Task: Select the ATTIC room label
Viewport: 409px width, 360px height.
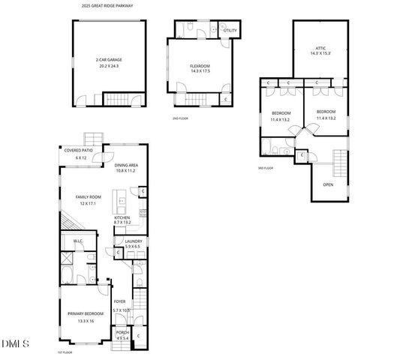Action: (320, 47)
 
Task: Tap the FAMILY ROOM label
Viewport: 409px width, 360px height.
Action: (88, 196)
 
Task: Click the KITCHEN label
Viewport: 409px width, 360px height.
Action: (122, 217)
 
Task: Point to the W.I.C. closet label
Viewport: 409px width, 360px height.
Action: (77, 241)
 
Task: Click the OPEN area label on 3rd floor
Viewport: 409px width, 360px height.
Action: (328, 184)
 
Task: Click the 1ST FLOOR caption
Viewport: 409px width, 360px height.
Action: (65, 352)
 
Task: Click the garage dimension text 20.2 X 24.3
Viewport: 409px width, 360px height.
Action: (109, 66)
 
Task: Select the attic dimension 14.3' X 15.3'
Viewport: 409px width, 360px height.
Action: (321, 53)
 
